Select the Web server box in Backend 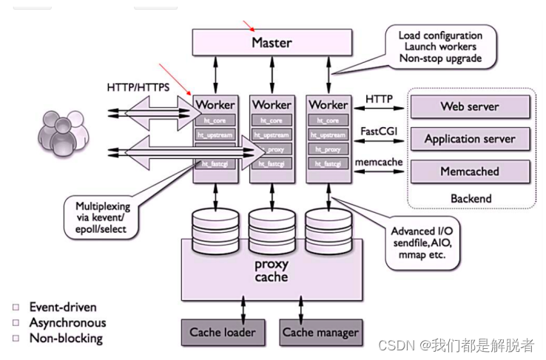point(470,106)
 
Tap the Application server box point(470,139)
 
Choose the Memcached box point(470,171)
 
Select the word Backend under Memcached point(471,198)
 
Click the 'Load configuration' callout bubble point(439,47)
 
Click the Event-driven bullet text point(63,307)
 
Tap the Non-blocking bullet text point(66,339)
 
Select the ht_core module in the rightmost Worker point(327,120)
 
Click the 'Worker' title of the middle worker point(270,105)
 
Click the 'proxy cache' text point(272,271)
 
